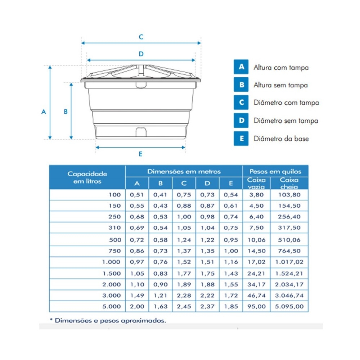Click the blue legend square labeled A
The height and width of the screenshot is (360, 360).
[241, 67]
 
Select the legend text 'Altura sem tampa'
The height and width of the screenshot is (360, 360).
[280, 85]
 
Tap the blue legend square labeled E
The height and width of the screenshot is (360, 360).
[241, 139]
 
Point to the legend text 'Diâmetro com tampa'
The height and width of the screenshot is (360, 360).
[286, 103]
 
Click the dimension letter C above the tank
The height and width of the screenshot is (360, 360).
[141, 37]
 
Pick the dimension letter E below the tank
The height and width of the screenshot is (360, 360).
[140, 154]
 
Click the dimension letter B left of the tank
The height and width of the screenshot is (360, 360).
[66, 112]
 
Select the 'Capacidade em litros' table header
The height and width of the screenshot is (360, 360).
[87, 177]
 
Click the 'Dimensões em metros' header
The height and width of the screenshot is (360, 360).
[184, 171]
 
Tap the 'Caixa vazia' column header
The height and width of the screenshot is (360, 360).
[256, 183]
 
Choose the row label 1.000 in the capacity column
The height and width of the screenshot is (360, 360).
[112, 262]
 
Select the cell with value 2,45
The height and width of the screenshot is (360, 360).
[184, 307]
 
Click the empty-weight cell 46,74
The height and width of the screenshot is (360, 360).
[256, 296]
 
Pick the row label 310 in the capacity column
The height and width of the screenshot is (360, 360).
[115, 228]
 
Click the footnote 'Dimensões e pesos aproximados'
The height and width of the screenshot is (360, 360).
[110, 320]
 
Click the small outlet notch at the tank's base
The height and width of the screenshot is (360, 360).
[141, 132]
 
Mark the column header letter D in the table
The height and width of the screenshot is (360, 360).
[207, 183]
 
